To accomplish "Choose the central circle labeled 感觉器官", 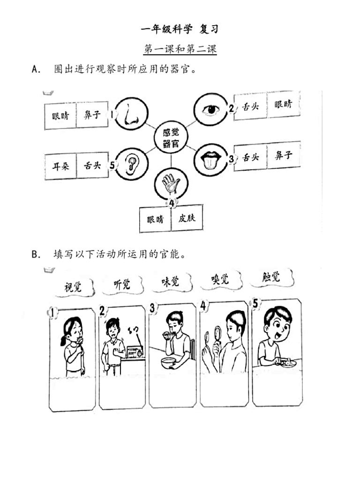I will pos(171,138).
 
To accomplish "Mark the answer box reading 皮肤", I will pos(187,218).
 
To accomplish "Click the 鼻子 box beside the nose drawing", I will pos(92,115).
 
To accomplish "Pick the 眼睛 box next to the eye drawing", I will pos(284,104).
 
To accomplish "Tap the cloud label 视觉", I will pos(73,286).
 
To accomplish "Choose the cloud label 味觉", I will pos(170,281).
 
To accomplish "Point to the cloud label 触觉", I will pos(271,277).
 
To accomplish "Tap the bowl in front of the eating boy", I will pos(168,362).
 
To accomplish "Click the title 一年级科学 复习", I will pos(180,29).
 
